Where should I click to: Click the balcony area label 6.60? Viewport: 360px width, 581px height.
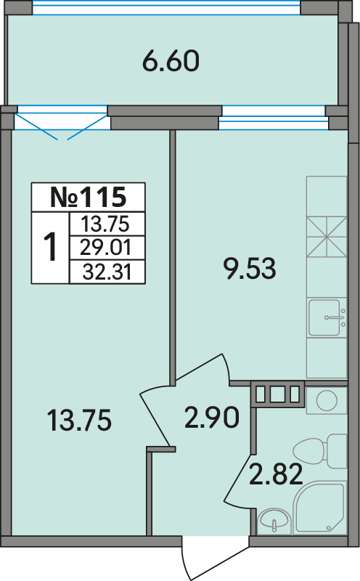click(x=171, y=62)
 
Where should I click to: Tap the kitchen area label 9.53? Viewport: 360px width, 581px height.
click(x=250, y=269)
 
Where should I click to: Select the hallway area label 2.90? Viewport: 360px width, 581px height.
click(x=212, y=418)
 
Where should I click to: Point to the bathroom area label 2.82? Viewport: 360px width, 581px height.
click(x=276, y=475)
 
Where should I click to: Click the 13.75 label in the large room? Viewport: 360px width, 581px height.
click(x=80, y=420)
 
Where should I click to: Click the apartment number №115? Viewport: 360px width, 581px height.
click(x=88, y=197)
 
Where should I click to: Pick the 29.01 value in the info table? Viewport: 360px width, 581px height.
click(x=106, y=248)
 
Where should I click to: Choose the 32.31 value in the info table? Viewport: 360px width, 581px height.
click(x=107, y=272)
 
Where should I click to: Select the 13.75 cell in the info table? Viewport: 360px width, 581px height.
click(x=105, y=224)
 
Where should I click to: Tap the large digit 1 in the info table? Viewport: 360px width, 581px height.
click(x=50, y=246)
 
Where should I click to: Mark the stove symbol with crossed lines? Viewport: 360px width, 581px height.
click(x=327, y=237)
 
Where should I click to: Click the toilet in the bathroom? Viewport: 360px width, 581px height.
click(x=320, y=452)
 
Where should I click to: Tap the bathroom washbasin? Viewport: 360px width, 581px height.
click(x=274, y=519)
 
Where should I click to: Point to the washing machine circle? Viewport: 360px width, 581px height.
click(x=327, y=401)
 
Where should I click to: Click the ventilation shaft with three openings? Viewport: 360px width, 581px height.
click(x=278, y=394)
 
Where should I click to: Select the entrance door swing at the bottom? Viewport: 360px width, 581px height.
click(x=215, y=558)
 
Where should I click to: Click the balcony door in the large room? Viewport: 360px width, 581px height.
click(x=61, y=122)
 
